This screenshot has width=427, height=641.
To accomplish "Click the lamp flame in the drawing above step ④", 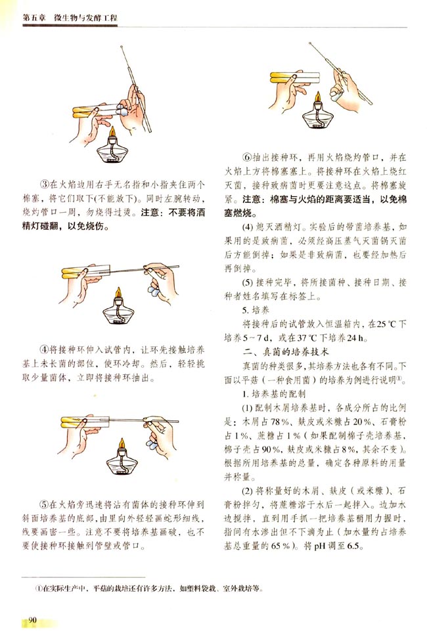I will click(x=119, y=292).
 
